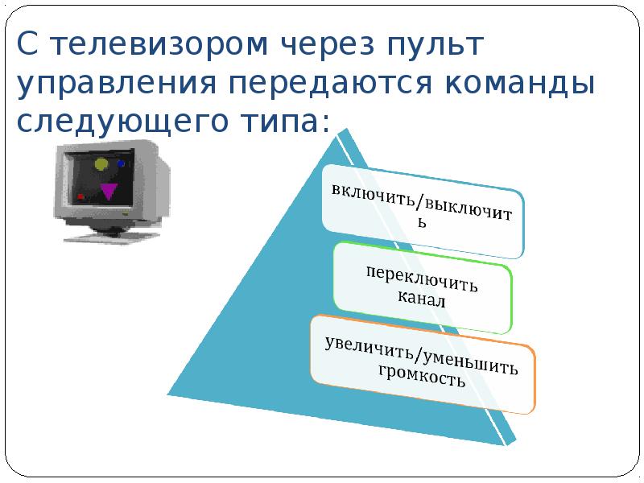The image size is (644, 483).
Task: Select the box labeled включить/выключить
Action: [x=423, y=209]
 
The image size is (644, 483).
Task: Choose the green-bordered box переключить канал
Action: [x=423, y=287]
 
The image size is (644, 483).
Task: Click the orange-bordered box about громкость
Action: [x=423, y=365]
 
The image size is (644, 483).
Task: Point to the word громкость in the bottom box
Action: [x=421, y=377]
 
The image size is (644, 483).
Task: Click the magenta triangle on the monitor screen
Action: [x=108, y=192]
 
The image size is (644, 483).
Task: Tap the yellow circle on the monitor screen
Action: [x=101, y=165]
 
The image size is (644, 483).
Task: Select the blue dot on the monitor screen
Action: [x=122, y=163]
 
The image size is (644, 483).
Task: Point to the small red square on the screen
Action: [x=80, y=196]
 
